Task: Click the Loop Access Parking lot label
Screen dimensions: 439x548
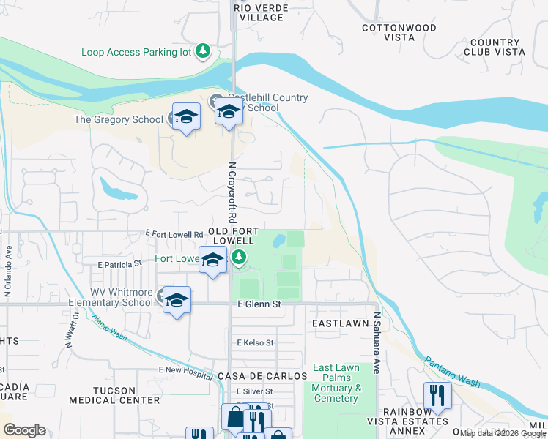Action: [136, 52]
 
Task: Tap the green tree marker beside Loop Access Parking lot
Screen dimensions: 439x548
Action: [203, 52]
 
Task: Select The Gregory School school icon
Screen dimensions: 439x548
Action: [186, 117]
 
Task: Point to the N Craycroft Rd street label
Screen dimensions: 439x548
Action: [232, 192]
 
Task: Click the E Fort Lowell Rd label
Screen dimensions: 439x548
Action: [174, 234]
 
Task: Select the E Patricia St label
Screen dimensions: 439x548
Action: [119, 263]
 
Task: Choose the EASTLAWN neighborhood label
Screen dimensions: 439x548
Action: [338, 323]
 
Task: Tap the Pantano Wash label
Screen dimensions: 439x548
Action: [451, 372]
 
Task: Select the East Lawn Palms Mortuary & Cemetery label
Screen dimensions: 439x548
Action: [336, 383]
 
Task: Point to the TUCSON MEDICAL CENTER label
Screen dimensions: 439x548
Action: [114, 395]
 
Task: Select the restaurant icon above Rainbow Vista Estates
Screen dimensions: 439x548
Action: [437, 396]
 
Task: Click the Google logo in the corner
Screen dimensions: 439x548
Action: [24, 430]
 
